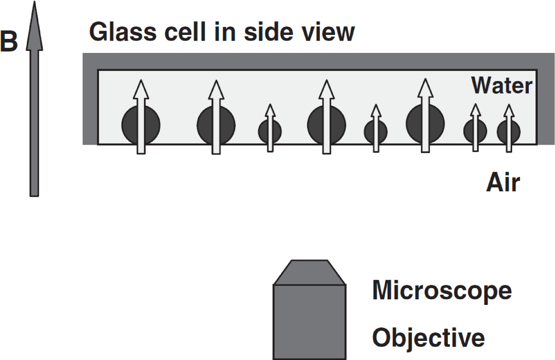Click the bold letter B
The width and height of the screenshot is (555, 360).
9,42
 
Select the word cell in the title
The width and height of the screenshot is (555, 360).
186,32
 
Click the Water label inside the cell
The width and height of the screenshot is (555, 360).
502,86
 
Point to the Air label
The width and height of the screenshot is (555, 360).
503,183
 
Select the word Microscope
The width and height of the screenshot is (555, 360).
442,291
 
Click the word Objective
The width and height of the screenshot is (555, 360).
428,338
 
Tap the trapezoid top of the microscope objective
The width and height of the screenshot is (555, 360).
310,273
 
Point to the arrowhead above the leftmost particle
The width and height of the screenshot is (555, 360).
141,90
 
